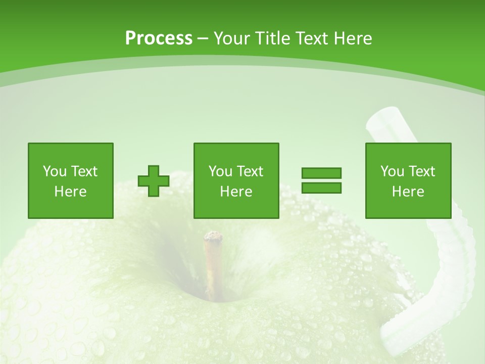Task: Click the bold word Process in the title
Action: click(159, 38)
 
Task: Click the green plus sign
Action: click(154, 181)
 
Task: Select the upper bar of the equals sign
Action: click(321, 173)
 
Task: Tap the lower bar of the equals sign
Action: click(321, 188)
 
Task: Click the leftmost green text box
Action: click(70, 180)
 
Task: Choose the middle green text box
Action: click(236, 180)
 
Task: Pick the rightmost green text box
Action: click(408, 180)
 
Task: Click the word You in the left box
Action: click(55, 171)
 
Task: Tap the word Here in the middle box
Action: click(236, 191)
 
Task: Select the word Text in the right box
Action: click(422, 171)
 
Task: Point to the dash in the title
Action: click(203, 39)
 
